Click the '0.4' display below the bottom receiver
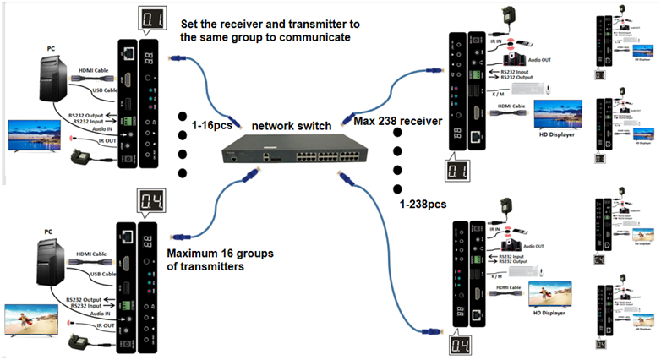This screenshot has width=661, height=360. pyautogui.click(x=456, y=346)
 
